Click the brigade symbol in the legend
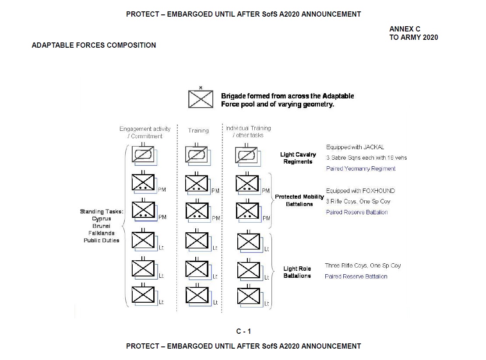pyautogui.click(x=201, y=99)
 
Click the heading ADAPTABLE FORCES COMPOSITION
pyautogui.click(x=94, y=45)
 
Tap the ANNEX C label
pyautogui.click(x=405, y=29)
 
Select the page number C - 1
pyautogui.click(x=243, y=331)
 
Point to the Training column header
pyautogui.click(x=198, y=130)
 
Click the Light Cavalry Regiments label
pyautogui.click(x=298, y=158)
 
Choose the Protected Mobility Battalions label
pyautogui.click(x=299, y=200)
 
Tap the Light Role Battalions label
pyautogui.click(x=297, y=272)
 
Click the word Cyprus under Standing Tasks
pyautogui.click(x=102, y=219)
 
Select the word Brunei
pyautogui.click(x=102, y=226)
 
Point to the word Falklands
pyautogui.click(x=102, y=233)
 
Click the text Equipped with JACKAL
pyautogui.click(x=355, y=147)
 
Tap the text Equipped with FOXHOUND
pyautogui.click(x=360, y=191)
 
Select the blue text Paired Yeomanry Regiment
pyautogui.click(x=361, y=168)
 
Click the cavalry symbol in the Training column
pyautogui.click(x=196, y=155)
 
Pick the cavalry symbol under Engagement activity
pyautogui.click(x=143, y=155)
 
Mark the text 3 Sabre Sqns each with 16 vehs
pyautogui.click(x=366, y=157)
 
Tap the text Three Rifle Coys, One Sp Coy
pyautogui.click(x=363, y=266)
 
